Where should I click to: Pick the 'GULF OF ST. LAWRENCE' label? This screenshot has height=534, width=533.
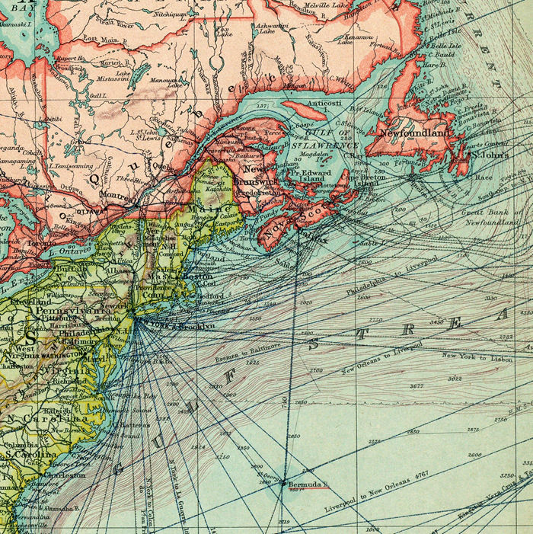331,139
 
